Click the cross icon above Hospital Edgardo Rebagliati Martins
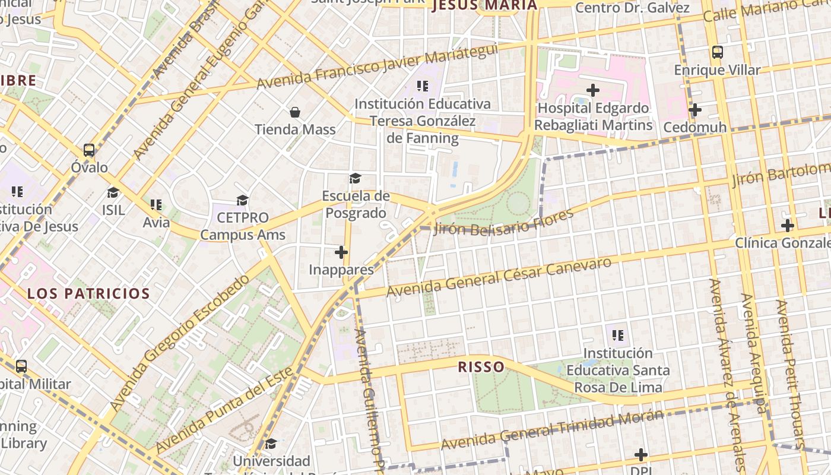(592, 90)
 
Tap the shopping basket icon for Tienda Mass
(294, 112)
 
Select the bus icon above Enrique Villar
(717, 52)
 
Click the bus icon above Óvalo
(89, 150)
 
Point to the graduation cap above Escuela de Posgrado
(355, 178)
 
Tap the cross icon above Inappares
(341, 252)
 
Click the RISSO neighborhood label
(481, 367)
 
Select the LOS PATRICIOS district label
(88, 293)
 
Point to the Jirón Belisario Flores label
(503, 222)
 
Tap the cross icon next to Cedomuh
(694, 110)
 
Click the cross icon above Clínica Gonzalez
(787, 226)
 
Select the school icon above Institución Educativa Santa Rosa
(617, 335)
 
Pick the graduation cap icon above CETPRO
(242, 200)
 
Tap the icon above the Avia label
(156, 205)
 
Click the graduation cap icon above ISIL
(113, 192)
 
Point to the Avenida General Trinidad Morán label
(552, 430)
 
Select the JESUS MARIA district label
(485, 5)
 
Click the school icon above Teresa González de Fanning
(422, 86)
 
